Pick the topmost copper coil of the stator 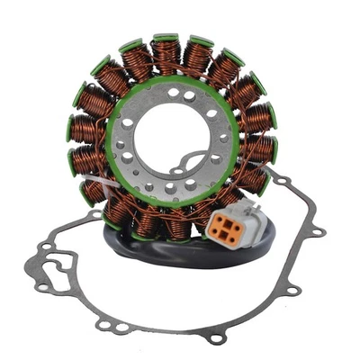click(x=166, y=56)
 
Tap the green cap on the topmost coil click(x=166, y=39)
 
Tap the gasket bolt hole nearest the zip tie click(x=94, y=216)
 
